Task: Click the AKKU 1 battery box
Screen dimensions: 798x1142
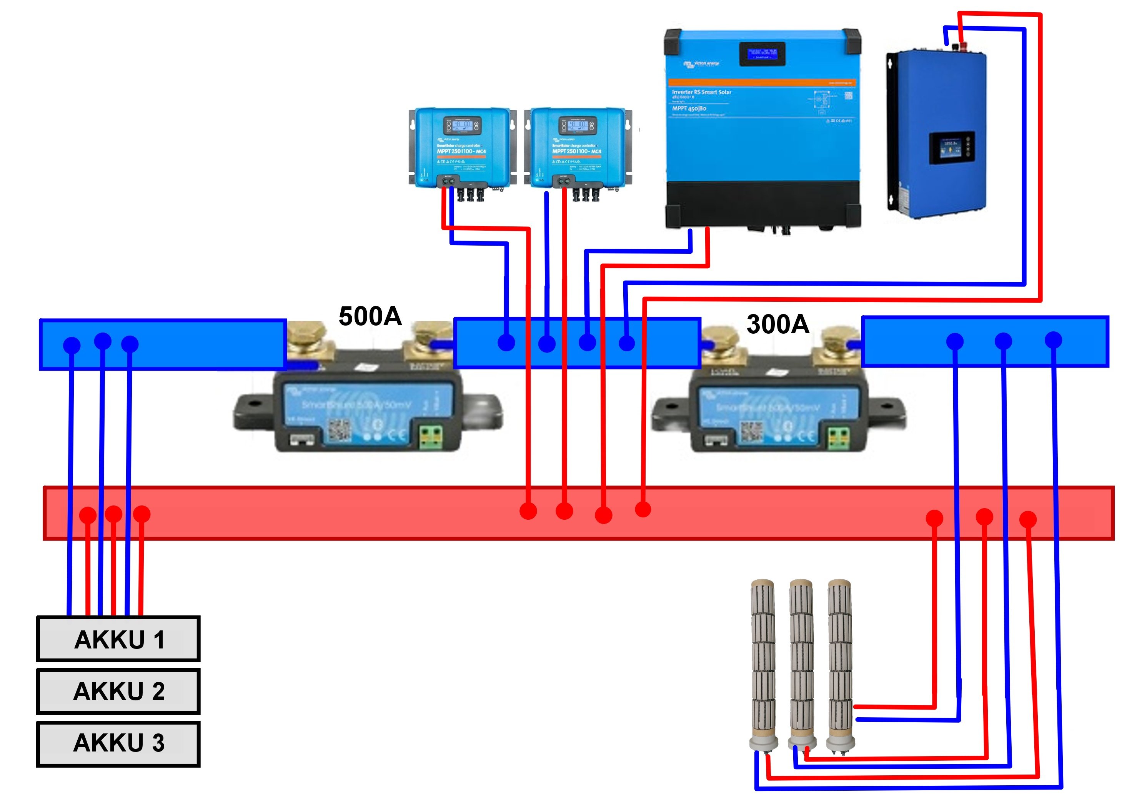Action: [118, 639]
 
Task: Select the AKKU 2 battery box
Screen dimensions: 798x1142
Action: [118, 691]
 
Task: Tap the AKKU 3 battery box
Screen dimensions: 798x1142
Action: [118, 743]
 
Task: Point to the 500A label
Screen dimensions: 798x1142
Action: [370, 316]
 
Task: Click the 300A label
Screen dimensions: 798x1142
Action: [778, 324]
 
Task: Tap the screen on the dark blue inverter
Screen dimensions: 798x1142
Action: [951, 148]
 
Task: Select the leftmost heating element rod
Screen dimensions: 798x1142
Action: [763, 666]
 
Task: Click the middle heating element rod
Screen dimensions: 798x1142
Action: [801, 666]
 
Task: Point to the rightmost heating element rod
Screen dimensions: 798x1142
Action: [840, 666]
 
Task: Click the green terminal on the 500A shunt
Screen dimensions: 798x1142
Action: [431, 437]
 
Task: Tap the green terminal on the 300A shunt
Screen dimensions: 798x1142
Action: [840, 437]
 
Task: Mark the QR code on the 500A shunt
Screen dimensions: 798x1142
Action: [340, 431]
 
